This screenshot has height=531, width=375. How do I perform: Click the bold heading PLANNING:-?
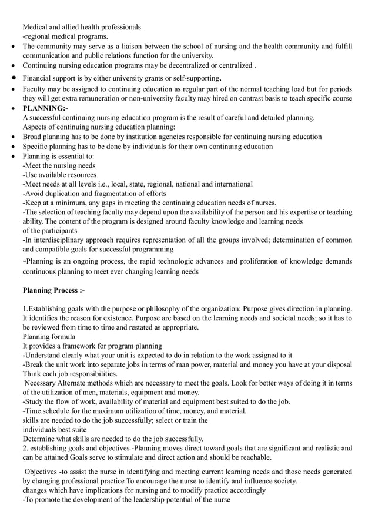click(45, 108)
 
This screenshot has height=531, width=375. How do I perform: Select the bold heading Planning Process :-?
click(53, 290)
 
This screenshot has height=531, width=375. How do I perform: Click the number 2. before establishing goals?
click(26, 448)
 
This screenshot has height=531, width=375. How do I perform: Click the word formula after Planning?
click(63, 337)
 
